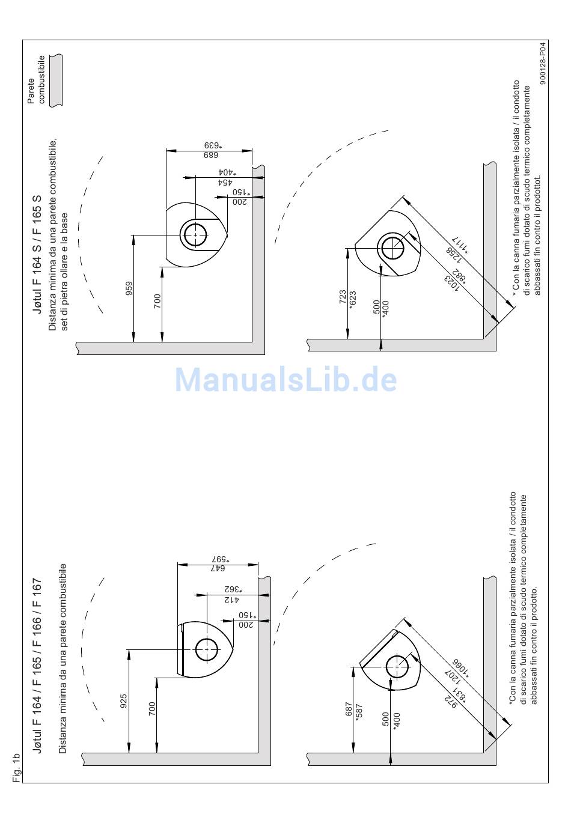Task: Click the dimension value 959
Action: pos(129,289)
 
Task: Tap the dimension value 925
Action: pos(123,700)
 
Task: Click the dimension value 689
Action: pos(210,154)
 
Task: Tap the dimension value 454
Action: pos(225,181)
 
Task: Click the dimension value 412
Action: pos(231,599)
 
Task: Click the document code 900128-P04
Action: pos(543,62)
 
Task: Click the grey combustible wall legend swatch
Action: pos(55,80)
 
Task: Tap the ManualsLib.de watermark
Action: pos(286,380)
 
